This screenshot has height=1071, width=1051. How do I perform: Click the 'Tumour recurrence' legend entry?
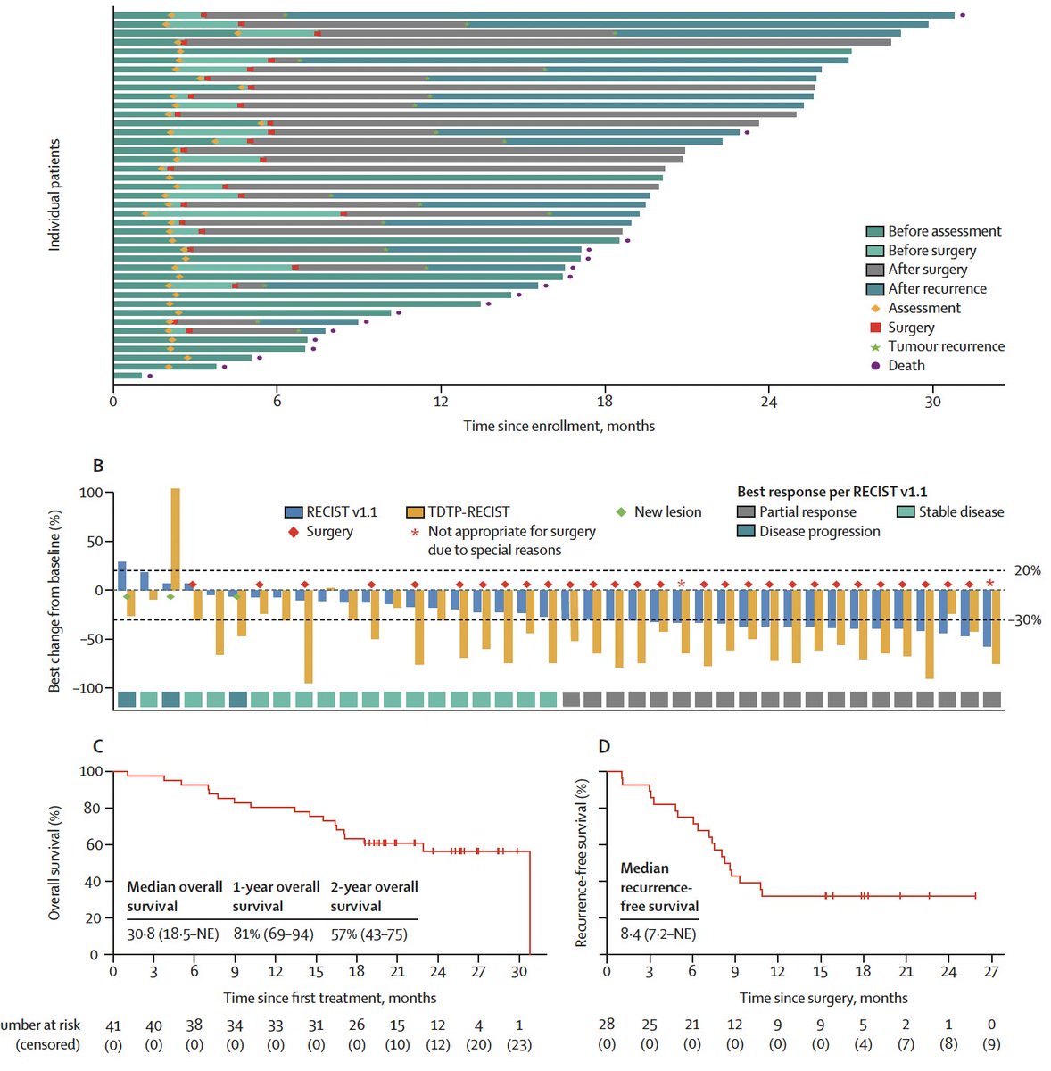(x=946, y=346)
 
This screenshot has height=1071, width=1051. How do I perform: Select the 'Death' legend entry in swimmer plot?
(x=906, y=366)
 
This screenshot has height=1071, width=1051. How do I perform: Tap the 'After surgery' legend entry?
(x=927, y=270)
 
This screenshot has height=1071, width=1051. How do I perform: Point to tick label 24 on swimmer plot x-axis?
(x=768, y=403)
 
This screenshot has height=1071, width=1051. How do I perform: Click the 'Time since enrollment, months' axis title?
(x=559, y=427)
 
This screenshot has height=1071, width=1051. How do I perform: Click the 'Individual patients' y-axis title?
(x=54, y=195)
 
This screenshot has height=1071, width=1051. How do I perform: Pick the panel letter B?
(x=98, y=466)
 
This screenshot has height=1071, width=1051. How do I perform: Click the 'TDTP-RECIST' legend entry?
(x=468, y=512)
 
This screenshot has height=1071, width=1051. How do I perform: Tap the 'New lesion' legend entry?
(x=667, y=512)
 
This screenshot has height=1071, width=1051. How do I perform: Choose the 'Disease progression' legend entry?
(x=819, y=532)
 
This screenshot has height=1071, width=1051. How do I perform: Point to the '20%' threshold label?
(x=1027, y=571)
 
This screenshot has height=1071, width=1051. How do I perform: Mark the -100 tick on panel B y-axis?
(x=91, y=688)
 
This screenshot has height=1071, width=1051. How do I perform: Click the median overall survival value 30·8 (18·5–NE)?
(x=175, y=934)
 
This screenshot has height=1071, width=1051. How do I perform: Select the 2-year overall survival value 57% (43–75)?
(x=369, y=934)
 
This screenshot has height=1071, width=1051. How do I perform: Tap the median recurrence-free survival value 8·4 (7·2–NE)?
(x=658, y=934)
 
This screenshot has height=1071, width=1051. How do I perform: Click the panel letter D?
(x=604, y=746)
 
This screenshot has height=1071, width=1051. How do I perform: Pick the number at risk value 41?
(x=113, y=1025)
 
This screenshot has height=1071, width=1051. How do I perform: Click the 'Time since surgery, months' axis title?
(x=823, y=999)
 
